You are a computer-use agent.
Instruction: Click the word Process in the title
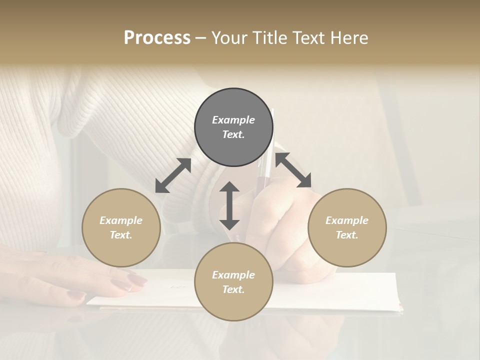(x=157, y=38)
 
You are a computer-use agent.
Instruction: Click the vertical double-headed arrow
(x=229, y=205)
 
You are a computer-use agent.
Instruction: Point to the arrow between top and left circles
(x=173, y=175)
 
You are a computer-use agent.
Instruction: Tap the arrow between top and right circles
(x=293, y=170)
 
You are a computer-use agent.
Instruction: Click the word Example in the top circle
(x=233, y=120)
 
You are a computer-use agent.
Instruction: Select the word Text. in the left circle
(x=121, y=235)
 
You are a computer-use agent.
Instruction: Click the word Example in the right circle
(x=347, y=220)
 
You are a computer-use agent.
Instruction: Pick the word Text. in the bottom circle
(x=233, y=289)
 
